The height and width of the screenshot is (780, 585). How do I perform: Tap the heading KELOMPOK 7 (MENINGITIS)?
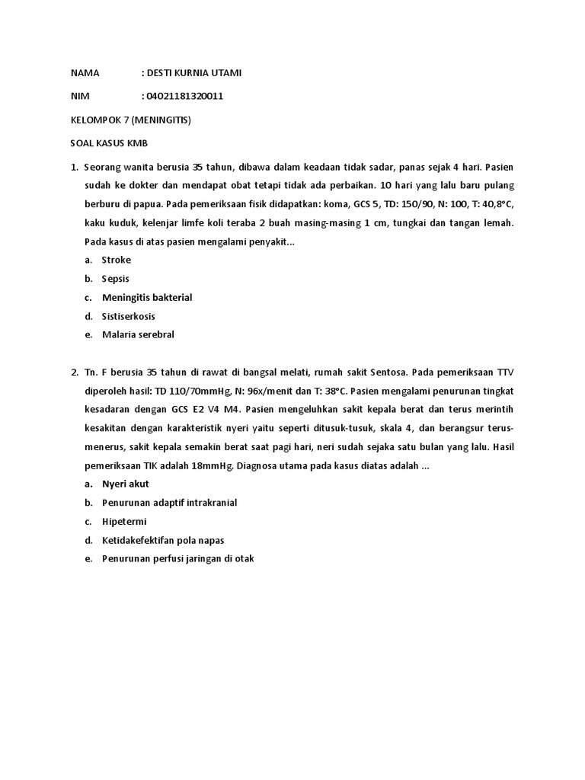[131, 120]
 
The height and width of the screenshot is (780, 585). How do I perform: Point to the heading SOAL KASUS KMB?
[103, 142]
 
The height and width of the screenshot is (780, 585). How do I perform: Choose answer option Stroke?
[117, 260]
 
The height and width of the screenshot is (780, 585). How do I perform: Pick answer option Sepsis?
[116, 279]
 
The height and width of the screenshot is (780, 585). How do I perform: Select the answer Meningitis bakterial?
[147, 297]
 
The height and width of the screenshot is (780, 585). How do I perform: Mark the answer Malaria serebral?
[139, 334]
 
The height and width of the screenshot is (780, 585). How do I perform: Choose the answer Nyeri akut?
[126, 484]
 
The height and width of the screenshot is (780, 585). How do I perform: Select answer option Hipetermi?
[124, 522]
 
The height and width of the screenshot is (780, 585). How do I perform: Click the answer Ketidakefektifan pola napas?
[163, 540]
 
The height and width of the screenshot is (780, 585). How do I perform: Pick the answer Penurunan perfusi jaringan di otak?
[177, 558]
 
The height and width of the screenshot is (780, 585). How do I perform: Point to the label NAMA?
[85, 73]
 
